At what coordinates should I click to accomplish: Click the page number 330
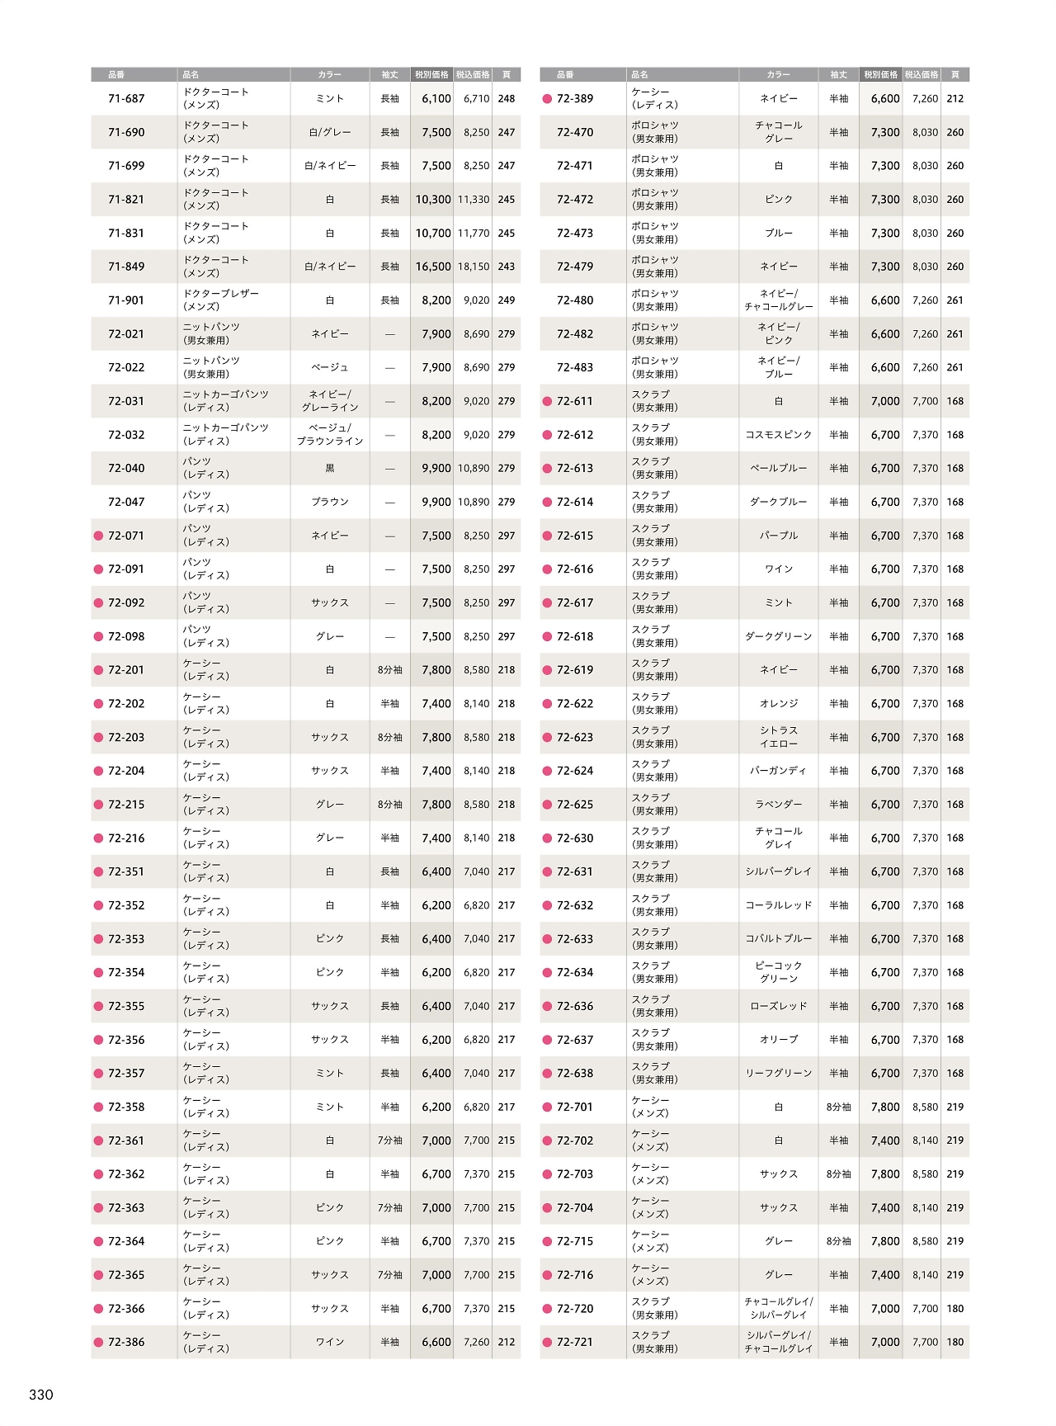click(41, 1395)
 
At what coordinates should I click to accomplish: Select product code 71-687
click(126, 99)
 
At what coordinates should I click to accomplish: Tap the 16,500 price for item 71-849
click(433, 267)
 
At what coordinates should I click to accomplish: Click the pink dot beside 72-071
click(99, 536)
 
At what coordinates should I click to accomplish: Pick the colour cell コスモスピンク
click(778, 435)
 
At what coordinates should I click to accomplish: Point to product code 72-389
click(575, 99)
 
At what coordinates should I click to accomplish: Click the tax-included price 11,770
click(474, 234)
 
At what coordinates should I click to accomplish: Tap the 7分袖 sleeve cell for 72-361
click(390, 1141)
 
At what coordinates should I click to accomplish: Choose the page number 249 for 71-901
click(507, 300)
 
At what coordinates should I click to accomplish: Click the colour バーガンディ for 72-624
click(778, 772)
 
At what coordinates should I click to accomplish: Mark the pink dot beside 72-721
click(547, 1343)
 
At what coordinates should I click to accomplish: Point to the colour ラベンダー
click(778, 805)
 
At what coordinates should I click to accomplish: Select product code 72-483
click(575, 368)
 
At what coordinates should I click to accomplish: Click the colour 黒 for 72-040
click(330, 469)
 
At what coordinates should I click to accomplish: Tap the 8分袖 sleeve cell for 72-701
click(838, 1107)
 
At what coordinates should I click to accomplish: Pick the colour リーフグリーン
click(778, 1074)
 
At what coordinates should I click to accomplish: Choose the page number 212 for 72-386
click(507, 1343)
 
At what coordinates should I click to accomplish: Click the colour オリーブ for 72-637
click(778, 1041)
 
